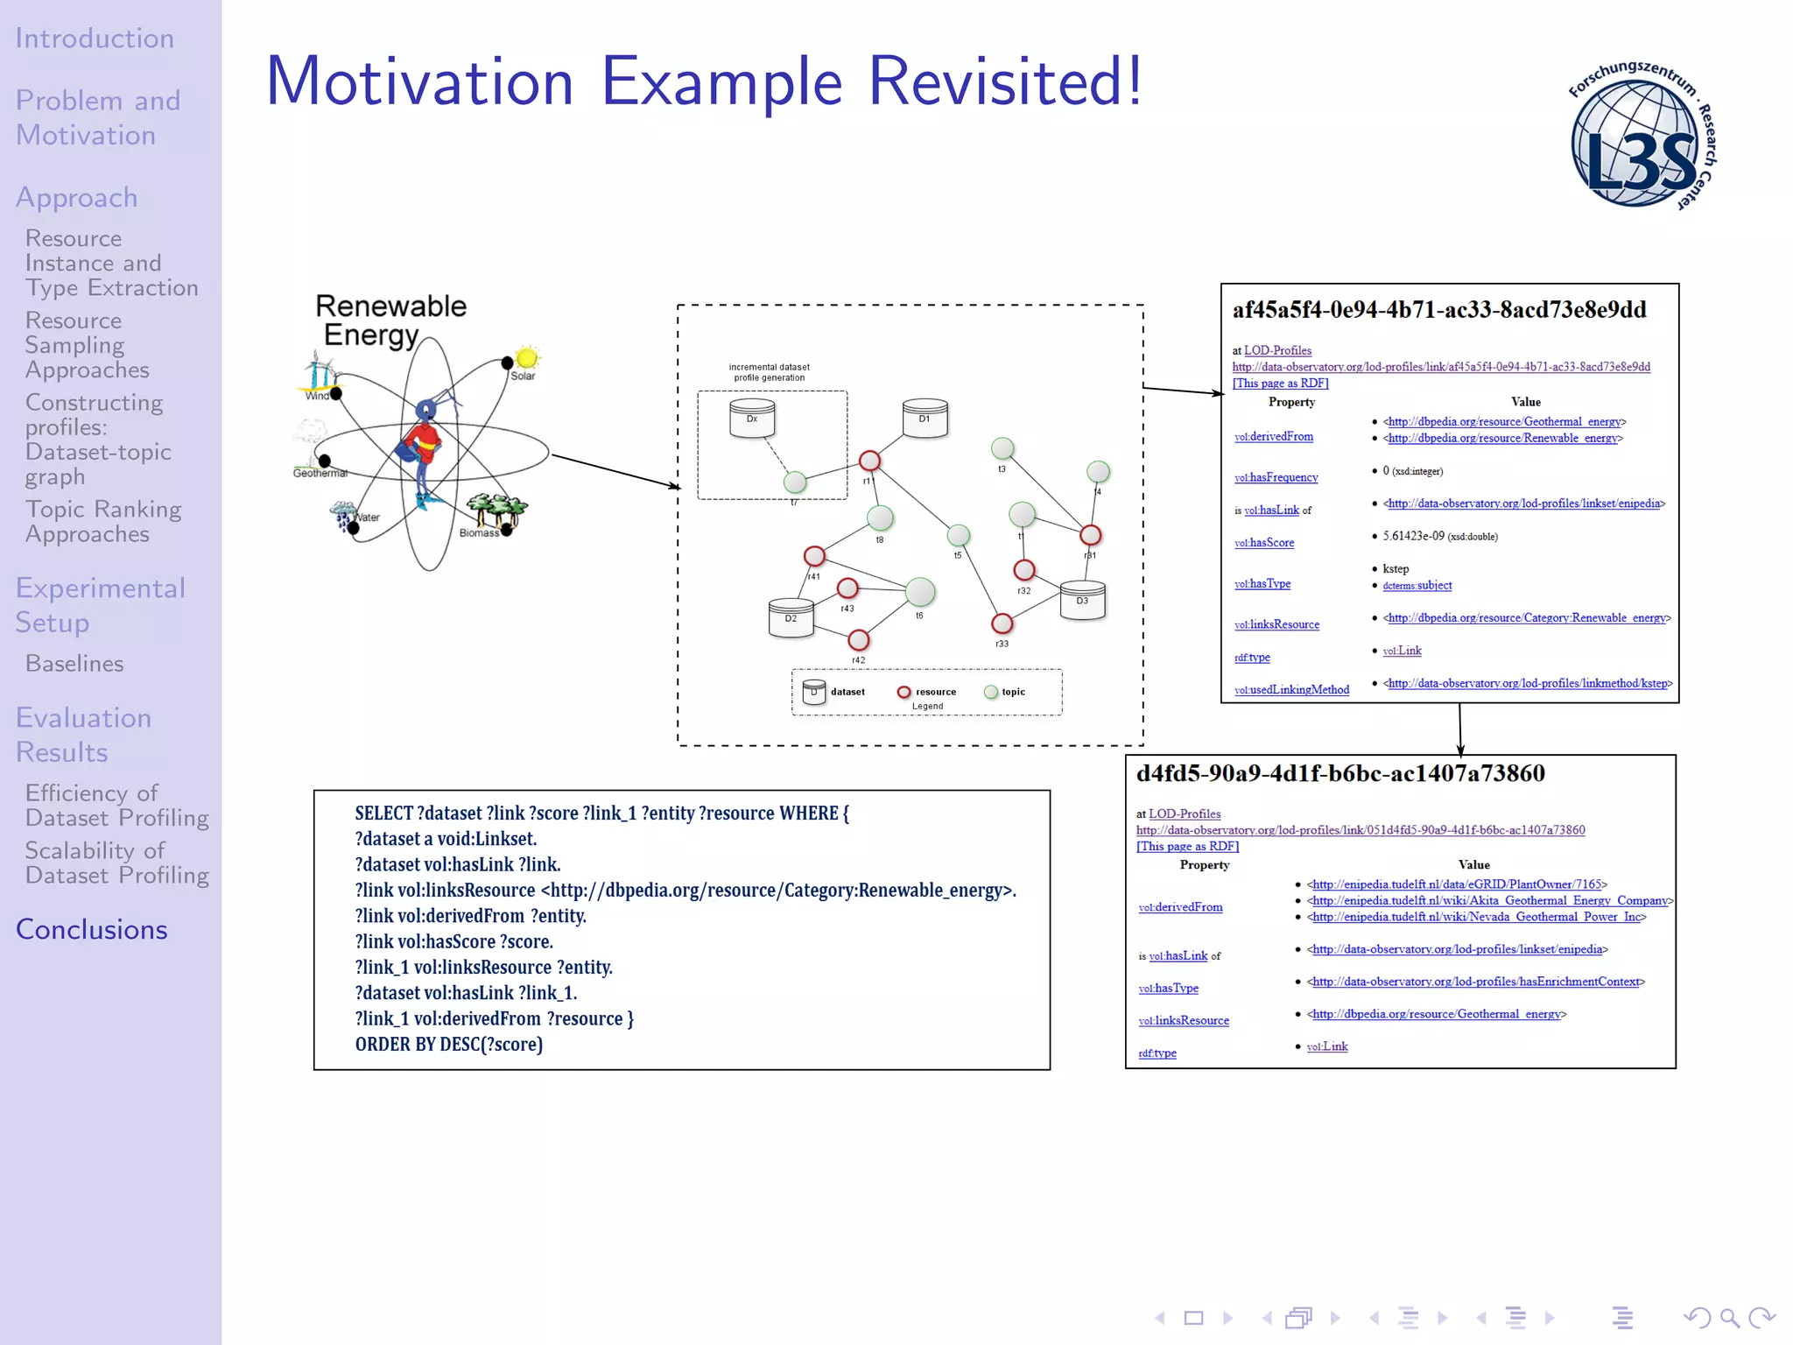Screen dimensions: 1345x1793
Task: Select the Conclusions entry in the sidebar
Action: (91, 929)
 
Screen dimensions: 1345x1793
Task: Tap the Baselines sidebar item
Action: (74, 664)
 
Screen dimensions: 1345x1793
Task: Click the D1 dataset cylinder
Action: (925, 419)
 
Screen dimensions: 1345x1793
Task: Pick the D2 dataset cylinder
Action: (791, 618)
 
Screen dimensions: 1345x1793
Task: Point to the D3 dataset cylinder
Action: (1082, 601)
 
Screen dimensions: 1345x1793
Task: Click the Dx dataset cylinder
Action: (752, 419)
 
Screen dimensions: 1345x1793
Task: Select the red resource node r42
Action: (859, 640)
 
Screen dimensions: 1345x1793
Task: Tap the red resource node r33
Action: (1002, 623)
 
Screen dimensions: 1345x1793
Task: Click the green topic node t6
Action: (919, 592)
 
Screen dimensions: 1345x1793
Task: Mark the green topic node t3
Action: (1002, 449)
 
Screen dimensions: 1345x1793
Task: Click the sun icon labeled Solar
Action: (527, 357)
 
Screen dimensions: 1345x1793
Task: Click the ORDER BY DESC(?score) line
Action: (448, 1045)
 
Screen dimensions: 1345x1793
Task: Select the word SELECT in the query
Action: (383, 813)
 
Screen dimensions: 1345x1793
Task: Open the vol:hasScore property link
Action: (1264, 543)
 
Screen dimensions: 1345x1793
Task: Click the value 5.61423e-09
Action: (1413, 536)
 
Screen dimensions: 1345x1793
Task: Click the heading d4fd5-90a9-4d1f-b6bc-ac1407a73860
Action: (1339, 773)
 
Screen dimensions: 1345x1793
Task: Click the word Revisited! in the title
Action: (1004, 81)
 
